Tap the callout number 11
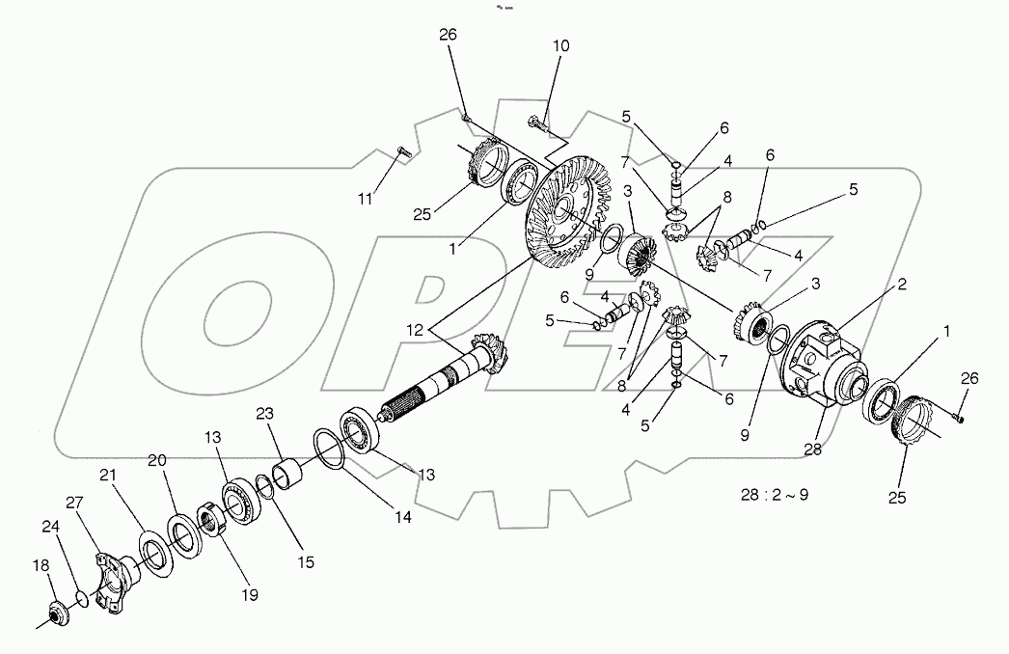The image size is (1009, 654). pos(365,200)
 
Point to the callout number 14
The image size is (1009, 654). pos(402,517)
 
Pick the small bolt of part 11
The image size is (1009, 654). pos(403,150)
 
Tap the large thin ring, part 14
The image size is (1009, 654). pos(330,450)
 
